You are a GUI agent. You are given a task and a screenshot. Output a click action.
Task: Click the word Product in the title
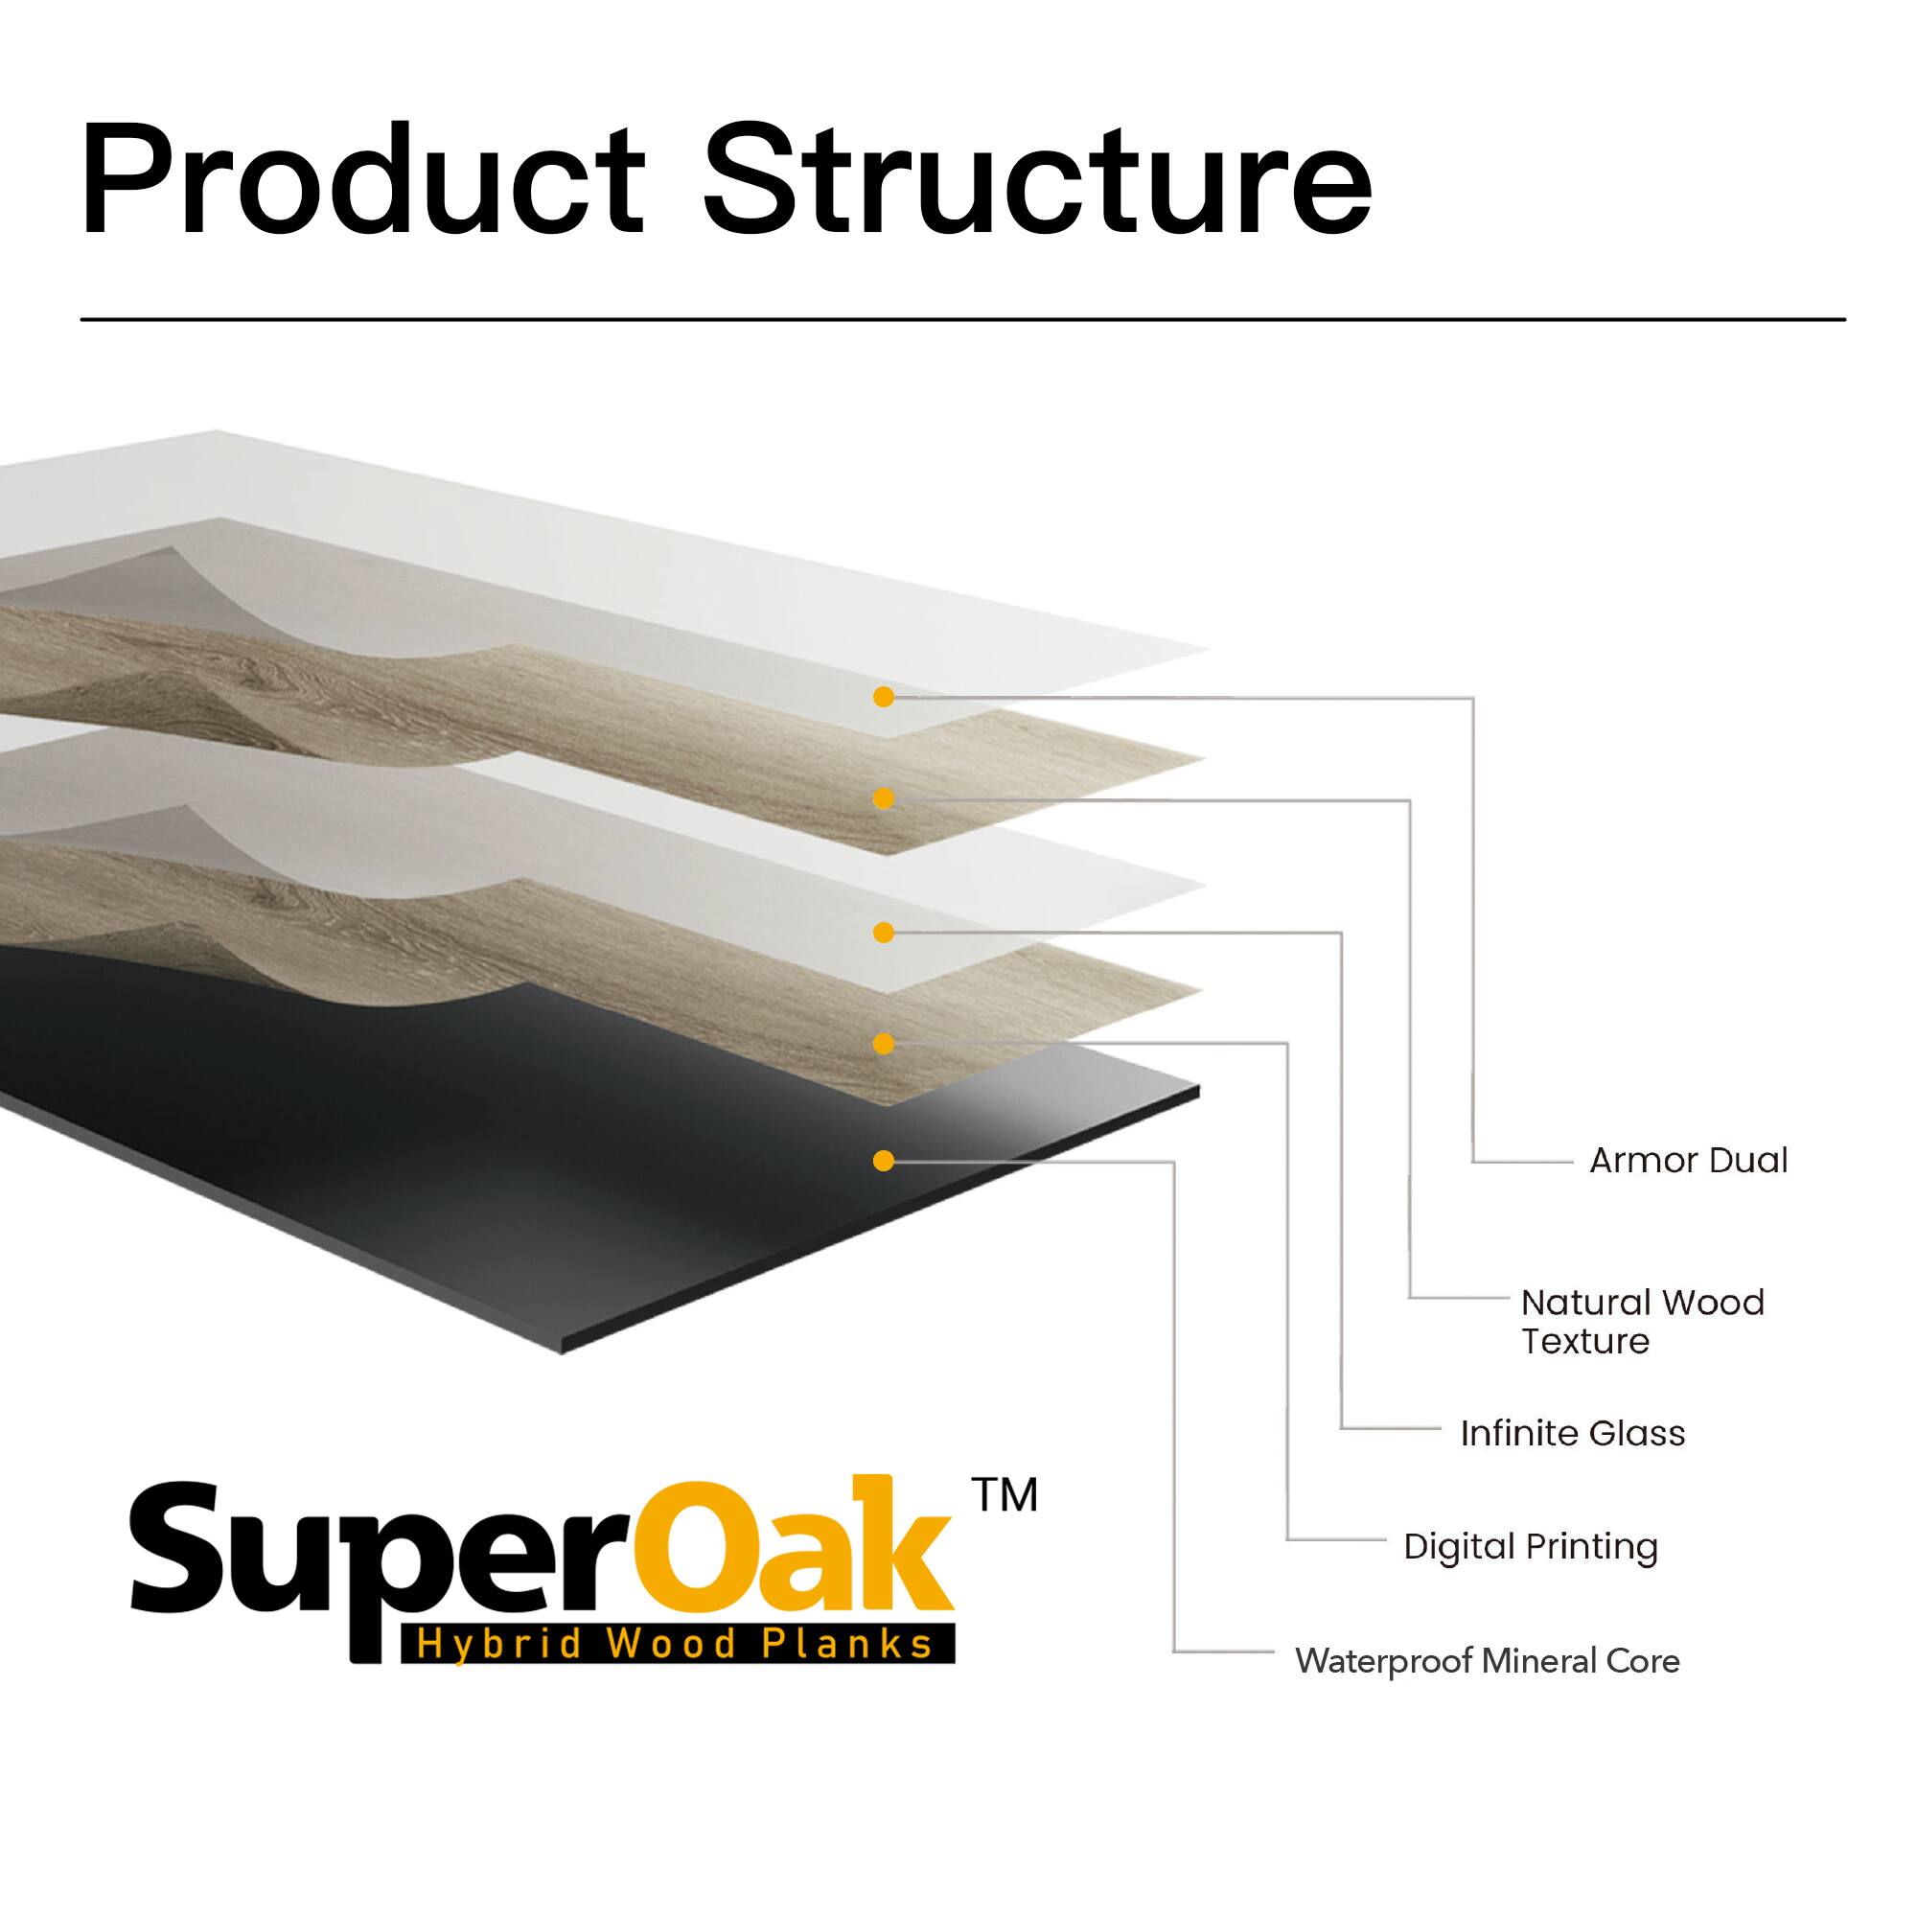[x=363, y=181]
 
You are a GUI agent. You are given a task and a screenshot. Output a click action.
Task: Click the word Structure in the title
[x=1038, y=181]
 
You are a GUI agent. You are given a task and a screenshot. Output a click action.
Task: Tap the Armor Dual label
[x=1688, y=1160]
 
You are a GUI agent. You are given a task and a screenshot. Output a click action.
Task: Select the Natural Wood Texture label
[x=1642, y=1322]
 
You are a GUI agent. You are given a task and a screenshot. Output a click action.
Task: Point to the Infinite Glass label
[x=1572, y=1434]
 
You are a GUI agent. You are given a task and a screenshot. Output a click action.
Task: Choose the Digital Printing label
[x=1530, y=1547]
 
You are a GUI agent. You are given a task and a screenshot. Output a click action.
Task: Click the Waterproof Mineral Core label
[x=1487, y=1661]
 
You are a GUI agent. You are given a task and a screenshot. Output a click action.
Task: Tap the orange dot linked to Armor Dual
[x=883, y=698]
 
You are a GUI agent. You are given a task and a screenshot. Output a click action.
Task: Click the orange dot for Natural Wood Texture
[x=883, y=798]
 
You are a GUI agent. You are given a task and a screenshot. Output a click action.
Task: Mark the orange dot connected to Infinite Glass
[x=883, y=933]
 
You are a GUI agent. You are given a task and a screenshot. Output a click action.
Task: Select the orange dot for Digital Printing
[x=883, y=1044]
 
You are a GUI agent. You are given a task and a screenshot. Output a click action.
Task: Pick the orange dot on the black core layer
[x=883, y=1161]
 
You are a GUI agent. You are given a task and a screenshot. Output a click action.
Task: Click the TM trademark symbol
[x=1005, y=1494]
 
